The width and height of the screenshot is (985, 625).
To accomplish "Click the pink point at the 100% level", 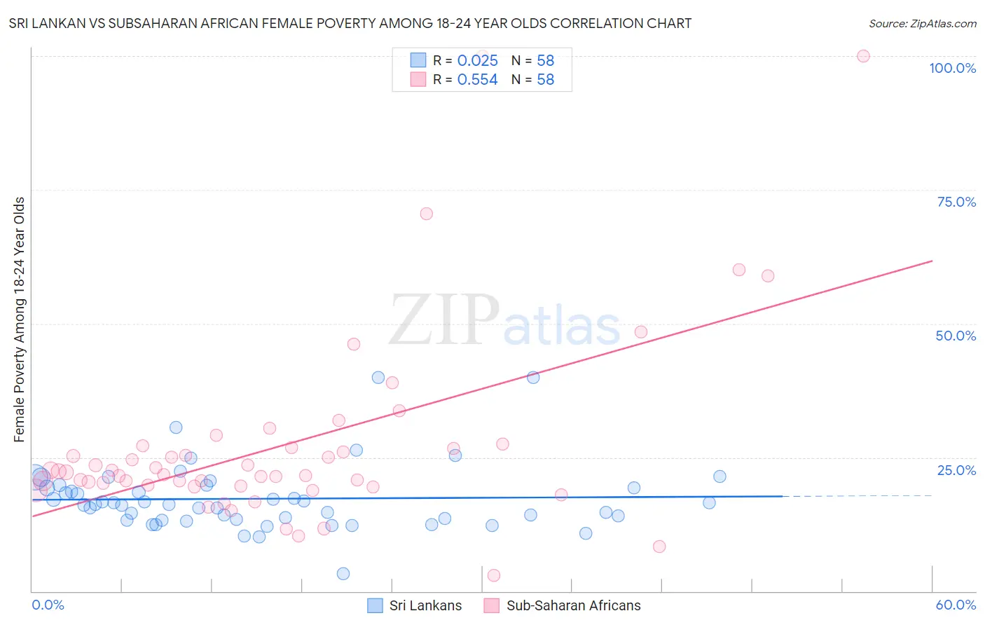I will [x=863, y=56].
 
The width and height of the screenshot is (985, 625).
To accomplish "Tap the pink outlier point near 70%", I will [x=426, y=214].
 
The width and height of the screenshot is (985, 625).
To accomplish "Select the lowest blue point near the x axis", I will [x=343, y=574].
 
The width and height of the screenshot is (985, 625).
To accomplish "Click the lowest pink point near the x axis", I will [x=493, y=575].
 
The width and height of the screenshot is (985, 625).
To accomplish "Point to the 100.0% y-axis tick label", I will [x=952, y=68].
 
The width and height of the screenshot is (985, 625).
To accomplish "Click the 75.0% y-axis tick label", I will [x=956, y=202].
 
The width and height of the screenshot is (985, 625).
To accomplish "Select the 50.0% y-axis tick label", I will [x=956, y=336].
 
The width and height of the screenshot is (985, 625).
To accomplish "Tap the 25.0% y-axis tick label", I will [x=956, y=469].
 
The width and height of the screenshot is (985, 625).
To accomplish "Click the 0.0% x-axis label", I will [x=48, y=605].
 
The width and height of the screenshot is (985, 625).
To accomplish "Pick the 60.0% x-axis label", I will [x=956, y=605].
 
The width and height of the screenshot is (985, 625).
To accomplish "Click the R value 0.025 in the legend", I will [x=477, y=60].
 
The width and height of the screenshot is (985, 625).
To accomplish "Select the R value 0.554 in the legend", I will [x=477, y=80].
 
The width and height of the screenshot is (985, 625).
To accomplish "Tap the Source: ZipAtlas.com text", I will [x=922, y=24].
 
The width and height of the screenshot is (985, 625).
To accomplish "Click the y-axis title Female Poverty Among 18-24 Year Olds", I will [x=20, y=320].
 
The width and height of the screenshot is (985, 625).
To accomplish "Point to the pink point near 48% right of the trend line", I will [x=640, y=332].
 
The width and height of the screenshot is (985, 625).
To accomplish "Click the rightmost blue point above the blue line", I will [x=719, y=476].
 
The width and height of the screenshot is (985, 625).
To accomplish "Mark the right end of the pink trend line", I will [x=932, y=261].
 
